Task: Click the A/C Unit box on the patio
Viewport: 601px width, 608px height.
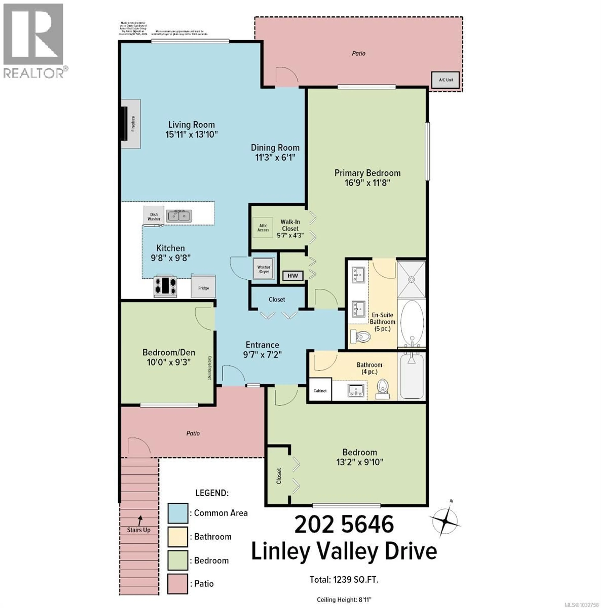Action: click(446, 80)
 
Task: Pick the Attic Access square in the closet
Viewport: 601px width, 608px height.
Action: click(263, 228)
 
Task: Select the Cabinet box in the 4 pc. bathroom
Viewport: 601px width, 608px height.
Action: click(320, 390)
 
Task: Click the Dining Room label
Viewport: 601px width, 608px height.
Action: click(275, 148)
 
